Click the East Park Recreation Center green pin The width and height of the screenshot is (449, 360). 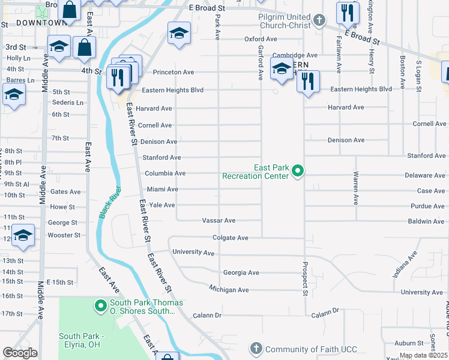click(297, 173)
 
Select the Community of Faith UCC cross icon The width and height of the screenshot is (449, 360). click(256, 349)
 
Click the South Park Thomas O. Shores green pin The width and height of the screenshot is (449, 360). click(100, 307)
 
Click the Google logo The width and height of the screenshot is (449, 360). click(20, 353)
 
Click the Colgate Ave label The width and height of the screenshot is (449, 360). click(231, 238)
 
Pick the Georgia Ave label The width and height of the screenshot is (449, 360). click(241, 272)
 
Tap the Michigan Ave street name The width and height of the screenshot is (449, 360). click(229, 290)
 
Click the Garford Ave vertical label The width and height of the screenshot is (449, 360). click(261, 62)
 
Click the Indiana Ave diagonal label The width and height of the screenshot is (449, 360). click(405, 267)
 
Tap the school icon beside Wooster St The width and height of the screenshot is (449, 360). click(23, 235)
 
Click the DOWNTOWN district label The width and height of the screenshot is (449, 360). click(41, 23)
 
